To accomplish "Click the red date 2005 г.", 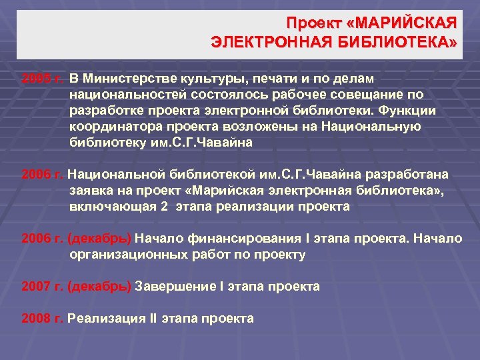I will point(42,78).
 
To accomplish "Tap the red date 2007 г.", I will point(42,286).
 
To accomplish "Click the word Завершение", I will point(175,286).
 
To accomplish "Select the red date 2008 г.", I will point(42,318).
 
